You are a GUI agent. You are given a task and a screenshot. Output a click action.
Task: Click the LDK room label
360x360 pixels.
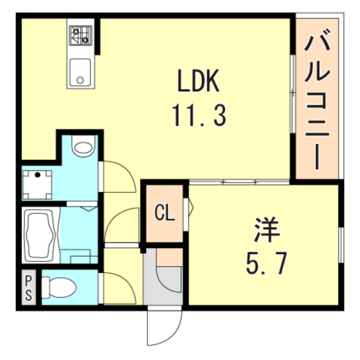pyautogui.click(x=198, y=83)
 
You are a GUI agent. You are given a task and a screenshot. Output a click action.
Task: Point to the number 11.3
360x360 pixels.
pyautogui.click(x=199, y=116)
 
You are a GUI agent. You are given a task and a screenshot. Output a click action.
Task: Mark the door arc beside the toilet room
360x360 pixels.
pyautogui.click(x=119, y=287)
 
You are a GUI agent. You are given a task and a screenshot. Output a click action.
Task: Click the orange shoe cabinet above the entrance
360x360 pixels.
pyautogui.click(x=169, y=256)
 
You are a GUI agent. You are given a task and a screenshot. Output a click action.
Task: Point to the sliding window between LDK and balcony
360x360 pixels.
pyautogui.click(x=292, y=94)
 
